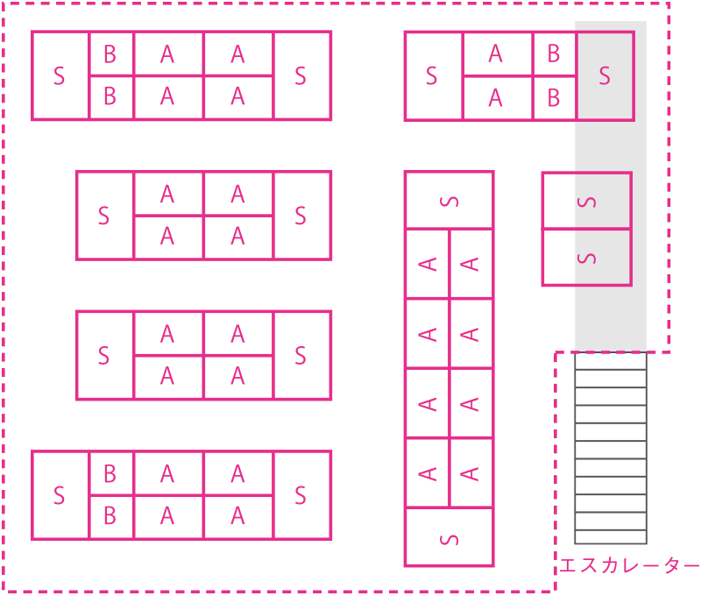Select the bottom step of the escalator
pos(611,536)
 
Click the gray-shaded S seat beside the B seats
pos(605,76)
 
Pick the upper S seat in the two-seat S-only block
pos(586,202)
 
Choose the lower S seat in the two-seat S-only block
pos(586,258)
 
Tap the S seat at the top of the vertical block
pos(449,201)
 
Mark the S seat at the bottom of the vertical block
pos(449,536)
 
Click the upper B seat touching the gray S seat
pos(554,54)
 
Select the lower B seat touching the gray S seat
pos(554,97)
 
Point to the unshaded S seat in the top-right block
pos(433,76)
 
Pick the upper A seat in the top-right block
pos(497,54)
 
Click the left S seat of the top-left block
pos(60,76)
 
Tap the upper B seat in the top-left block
pos(110,54)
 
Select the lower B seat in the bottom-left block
pos(110,516)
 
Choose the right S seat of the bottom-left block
pos(301,495)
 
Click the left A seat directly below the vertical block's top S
pos(427,264)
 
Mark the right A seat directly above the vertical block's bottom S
pos(471,473)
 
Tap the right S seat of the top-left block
pos(301,76)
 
